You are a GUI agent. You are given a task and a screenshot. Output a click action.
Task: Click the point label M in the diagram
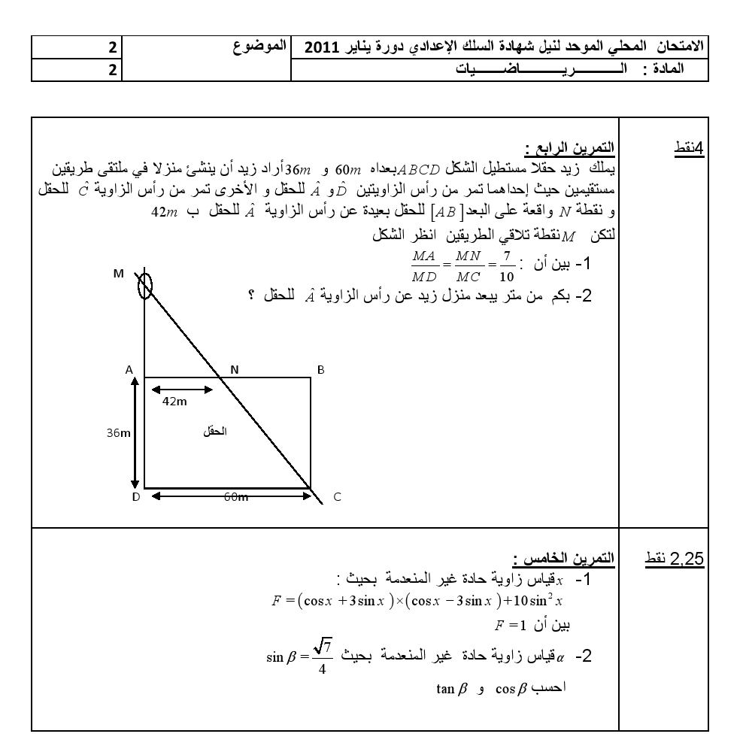click(x=119, y=274)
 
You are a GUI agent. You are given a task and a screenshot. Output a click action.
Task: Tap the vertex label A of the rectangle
click(x=129, y=370)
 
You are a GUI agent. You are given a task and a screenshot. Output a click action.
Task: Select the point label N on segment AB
click(x=234, y=370)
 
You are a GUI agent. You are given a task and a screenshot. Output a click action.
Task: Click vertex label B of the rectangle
click(x=321, y=370)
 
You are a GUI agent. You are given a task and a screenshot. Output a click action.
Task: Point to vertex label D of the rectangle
click(x=135, y=497)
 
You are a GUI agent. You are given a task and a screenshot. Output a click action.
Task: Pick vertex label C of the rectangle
click(x=337, y=497)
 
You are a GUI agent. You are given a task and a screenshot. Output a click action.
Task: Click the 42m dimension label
click(x=175, y=402)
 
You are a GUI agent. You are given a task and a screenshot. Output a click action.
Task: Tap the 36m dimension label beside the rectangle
click(x=119, y=432)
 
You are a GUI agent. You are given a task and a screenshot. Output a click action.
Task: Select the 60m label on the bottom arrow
click(x=238, y=496)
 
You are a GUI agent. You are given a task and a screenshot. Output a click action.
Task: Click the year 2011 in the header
click(x=319, y=47)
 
